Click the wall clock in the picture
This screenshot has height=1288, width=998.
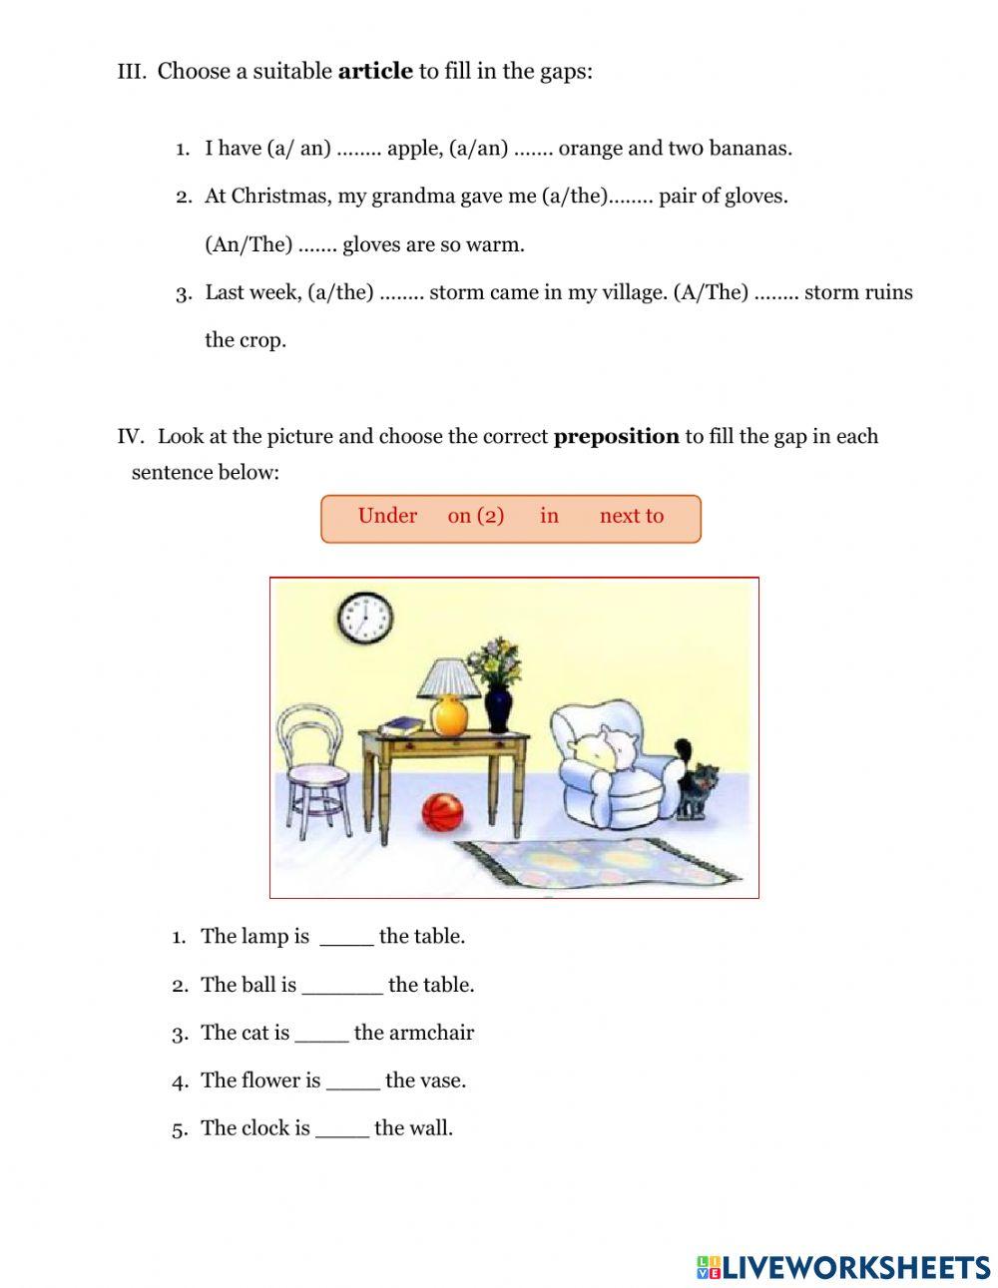[x=364, y=618]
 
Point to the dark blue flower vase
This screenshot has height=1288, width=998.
[x=498, y=709]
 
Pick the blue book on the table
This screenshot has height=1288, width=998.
[x=402, y=725]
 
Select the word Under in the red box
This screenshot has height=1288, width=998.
[x=387, y=516]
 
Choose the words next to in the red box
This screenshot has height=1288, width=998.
[x=631, y=516]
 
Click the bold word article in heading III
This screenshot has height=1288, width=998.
[x=375, y=71]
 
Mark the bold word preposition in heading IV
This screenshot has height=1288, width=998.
[x=616, y=436]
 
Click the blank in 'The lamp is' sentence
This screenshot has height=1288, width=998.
[x=346, y=937]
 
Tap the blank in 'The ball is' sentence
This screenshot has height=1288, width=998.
[x=341, y=986]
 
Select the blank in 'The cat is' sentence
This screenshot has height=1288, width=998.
[x=321, y=1034]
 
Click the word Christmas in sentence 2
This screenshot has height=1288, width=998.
[x=280, y=197]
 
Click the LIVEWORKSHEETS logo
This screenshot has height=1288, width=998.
[x=843, y=1267]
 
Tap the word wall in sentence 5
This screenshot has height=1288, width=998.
[x=431, y=1128]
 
